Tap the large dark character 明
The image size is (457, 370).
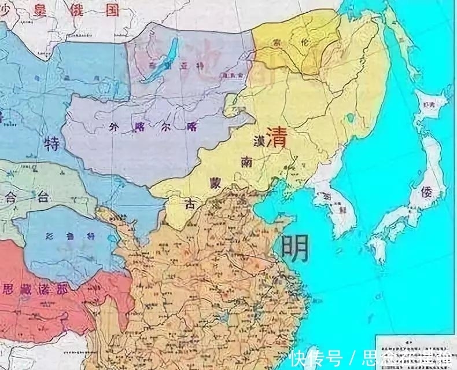pyautogui.click(x=294, y=247)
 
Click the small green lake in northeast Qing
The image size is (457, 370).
pyautogui.click(x=351, y=118)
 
